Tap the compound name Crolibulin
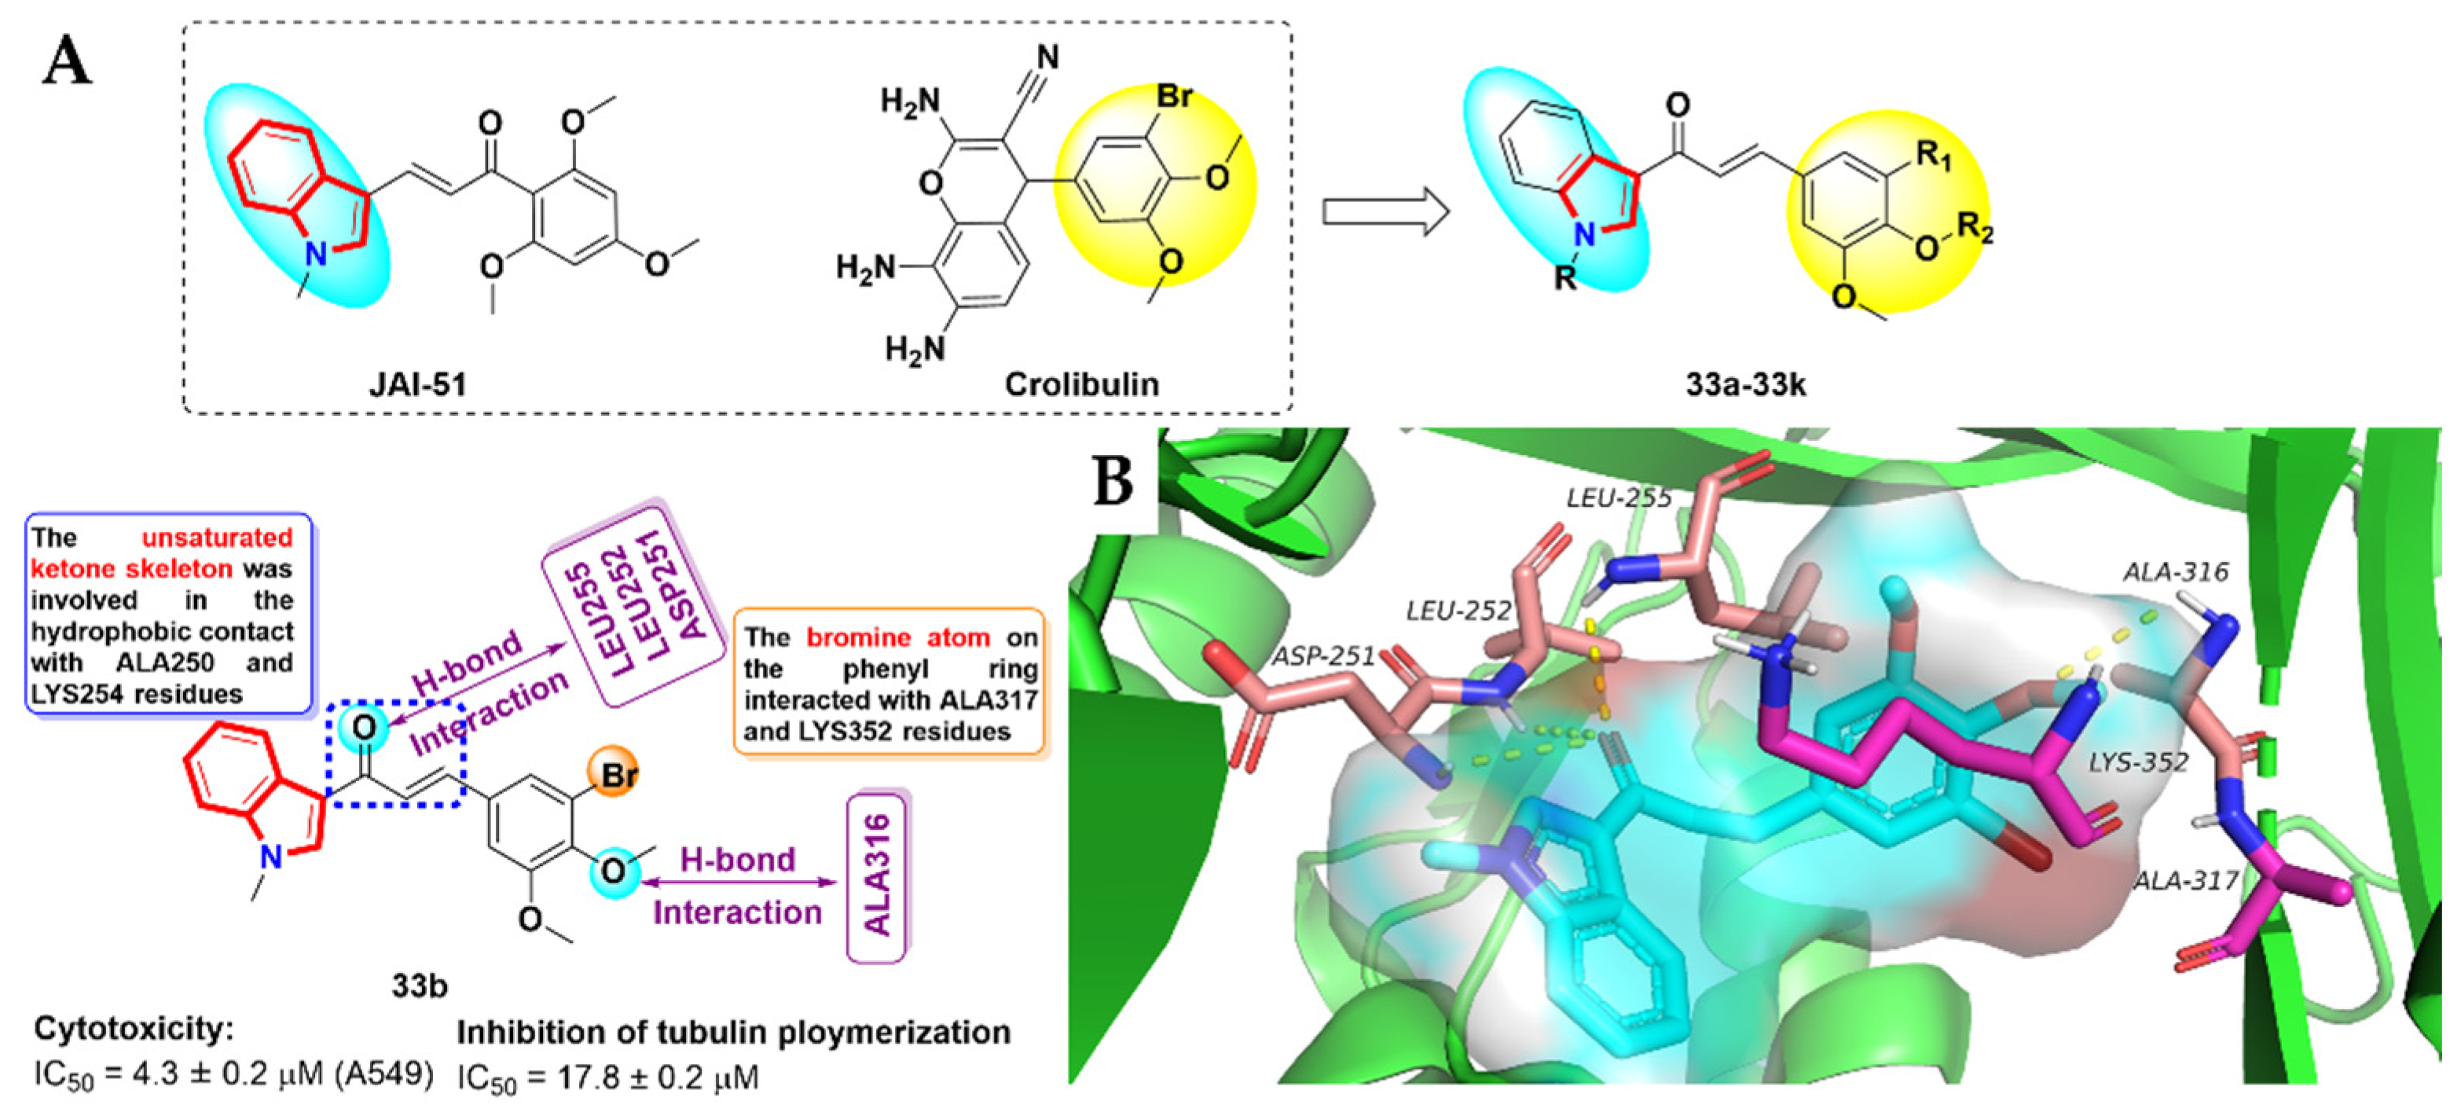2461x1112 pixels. click(x=1080, y=384)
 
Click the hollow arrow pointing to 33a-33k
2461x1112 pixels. click(x=1385, y=212)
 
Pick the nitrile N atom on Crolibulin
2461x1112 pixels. click(x=1048, y=58)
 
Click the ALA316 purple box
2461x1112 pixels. click(x=877, y=875)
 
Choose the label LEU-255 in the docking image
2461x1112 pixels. click(x=1619, y=497)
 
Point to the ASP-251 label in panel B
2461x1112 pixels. click(x=1322, y=656)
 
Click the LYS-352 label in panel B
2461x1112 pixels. click(x=2137, y=762)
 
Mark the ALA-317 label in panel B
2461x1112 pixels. click(x=2185, y=880)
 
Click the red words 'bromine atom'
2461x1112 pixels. click(x=897, y=637)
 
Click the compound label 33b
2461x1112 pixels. click(x=419, y=985)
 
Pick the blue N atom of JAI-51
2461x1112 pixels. click(x=315, y=252)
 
